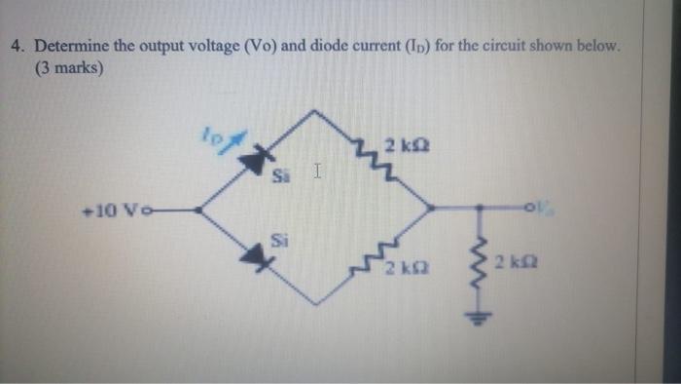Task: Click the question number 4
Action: click(x=16, y=45)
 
